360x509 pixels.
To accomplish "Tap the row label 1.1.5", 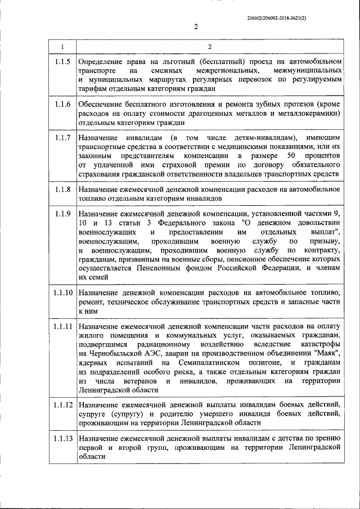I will [x=62, y=61].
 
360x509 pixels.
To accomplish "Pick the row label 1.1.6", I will [x=62, y=105].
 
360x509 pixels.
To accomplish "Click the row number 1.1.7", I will [x=62, y=138].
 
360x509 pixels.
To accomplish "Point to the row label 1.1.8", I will [x=62, y=190].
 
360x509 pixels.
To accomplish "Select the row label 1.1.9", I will [x=62, y=214].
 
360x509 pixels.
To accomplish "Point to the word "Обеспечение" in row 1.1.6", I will [x=100, y=105].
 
